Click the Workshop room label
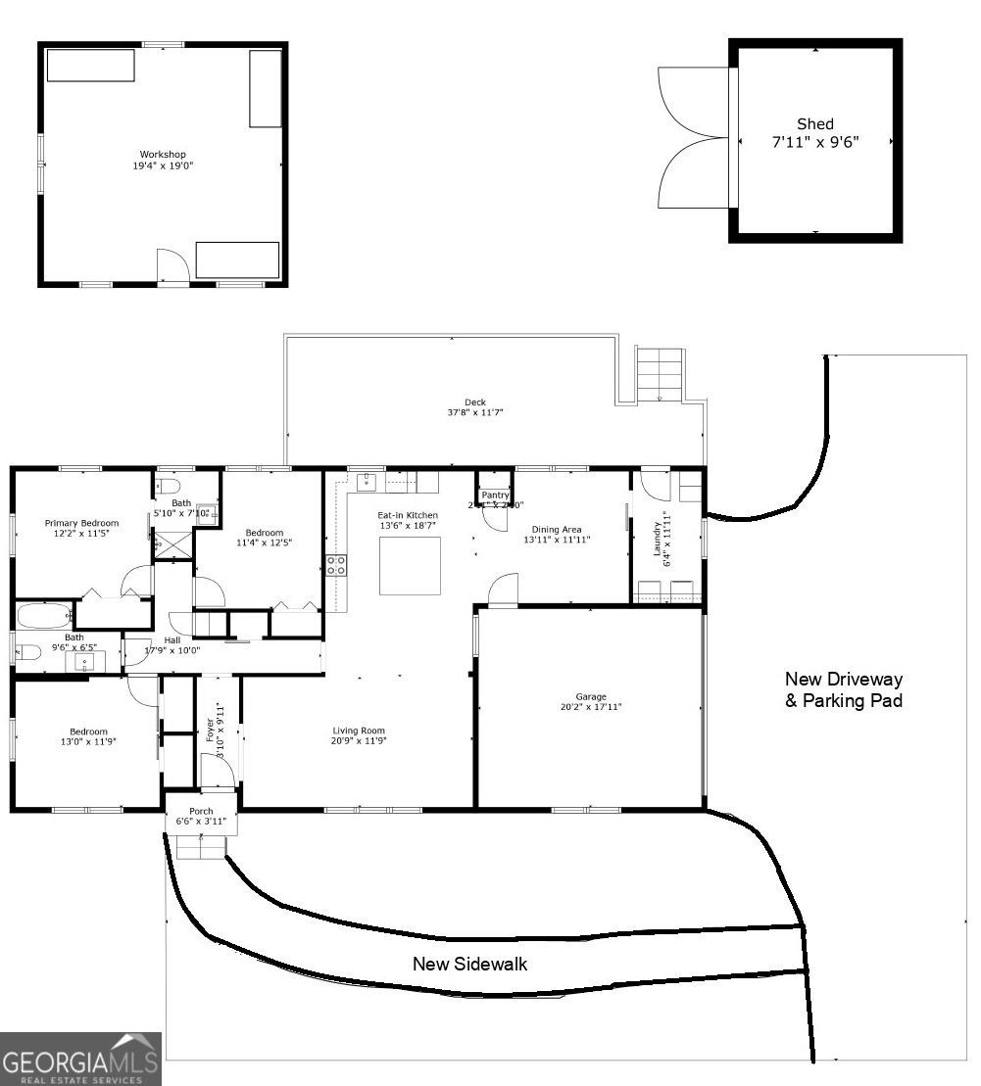(163, 155)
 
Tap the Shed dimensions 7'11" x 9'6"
(814, 142)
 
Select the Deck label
(475, 402)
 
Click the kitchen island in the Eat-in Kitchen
(409, 565)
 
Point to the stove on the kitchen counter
(335, 565)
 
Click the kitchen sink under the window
(368, 482)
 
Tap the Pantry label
(495, 496)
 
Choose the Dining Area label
(557, 530)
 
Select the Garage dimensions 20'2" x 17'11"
(590, 707)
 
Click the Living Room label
(359, 731)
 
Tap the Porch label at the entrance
(201, 811)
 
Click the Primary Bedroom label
(81, 524)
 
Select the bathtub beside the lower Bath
(43, 616)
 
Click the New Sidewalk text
(469, 964)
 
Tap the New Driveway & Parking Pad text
(843, 689)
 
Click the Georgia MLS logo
(80, 1060)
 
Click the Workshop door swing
(171, 265)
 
